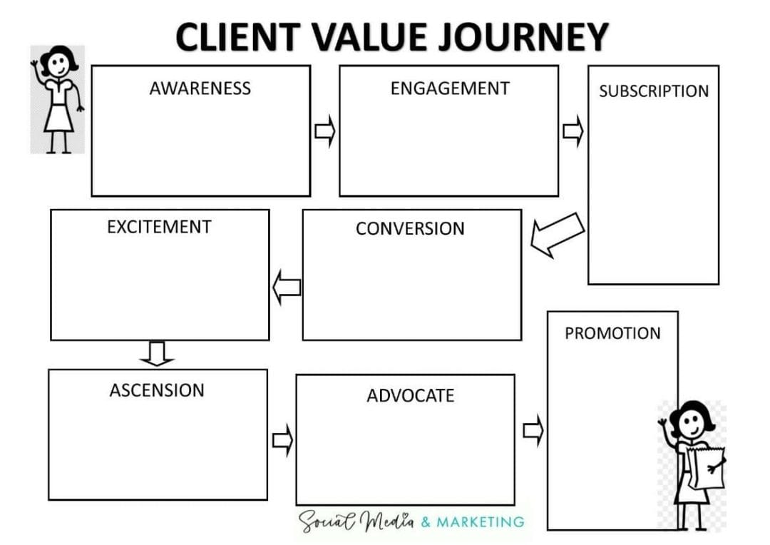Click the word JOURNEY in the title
tap(523, 37)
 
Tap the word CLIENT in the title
tap(238, 37)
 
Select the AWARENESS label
tap(200, 88)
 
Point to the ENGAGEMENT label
tap(450, 88)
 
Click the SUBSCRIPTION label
tap(654, 91)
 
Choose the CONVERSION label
tap(410, 228)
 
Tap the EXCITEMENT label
tap(159, 227)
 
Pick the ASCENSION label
tap(157, 390)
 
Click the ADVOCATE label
tap(411, 396)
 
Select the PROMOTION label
tap(612, 333)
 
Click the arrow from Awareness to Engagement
tap(324, 131)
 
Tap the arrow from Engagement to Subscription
tap(573, 131)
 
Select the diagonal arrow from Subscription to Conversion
tap(558, 235)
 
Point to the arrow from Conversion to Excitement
tap(287, 287)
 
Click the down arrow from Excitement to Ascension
tap(157, 353)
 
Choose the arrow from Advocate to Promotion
tap(533, 430)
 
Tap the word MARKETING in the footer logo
tap(481, 521)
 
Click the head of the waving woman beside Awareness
tap(59, 62)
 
